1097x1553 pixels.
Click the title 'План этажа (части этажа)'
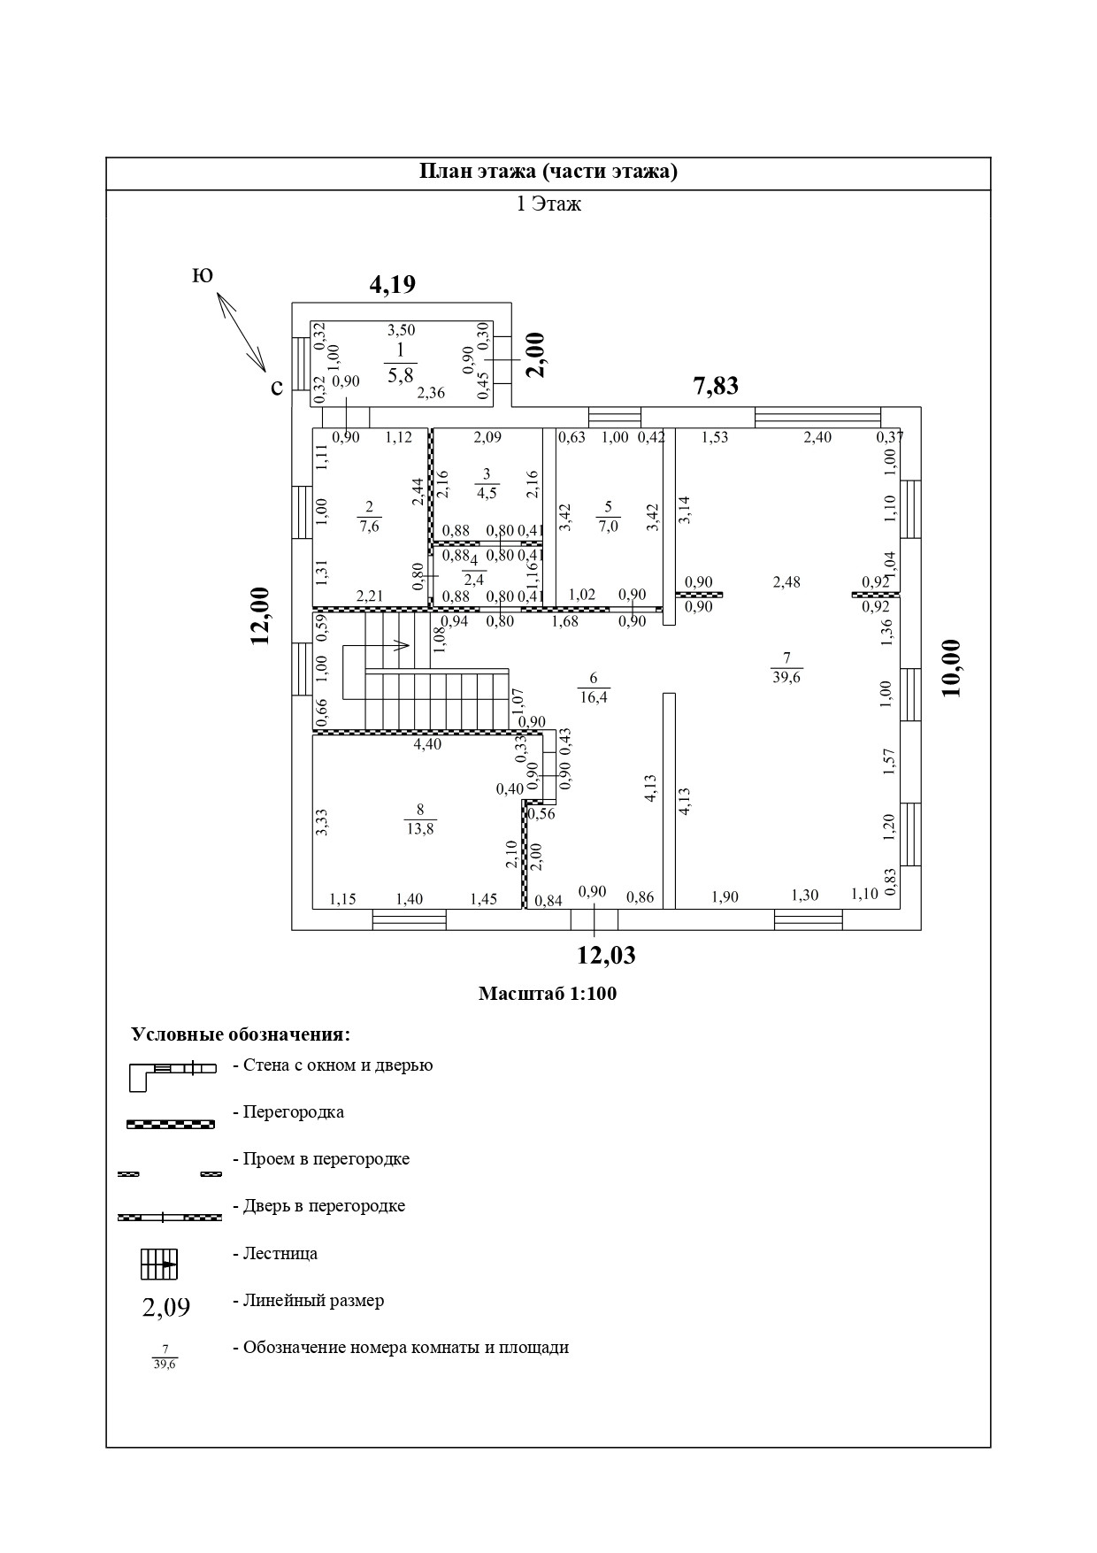point(548,172)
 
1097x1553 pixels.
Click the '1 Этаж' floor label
point(548,204)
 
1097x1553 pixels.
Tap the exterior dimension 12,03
point(606,956)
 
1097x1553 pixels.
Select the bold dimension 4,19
point(392,284)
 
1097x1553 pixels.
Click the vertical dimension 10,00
point(952,668)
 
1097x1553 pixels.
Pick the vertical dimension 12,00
point(260,616)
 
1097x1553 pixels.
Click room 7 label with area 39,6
point(786,668)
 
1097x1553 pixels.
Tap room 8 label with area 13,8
point(420,819)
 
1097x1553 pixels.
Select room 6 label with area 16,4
point(594,688)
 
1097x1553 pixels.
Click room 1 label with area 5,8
point(400,363)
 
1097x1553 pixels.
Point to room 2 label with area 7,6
point(370,516)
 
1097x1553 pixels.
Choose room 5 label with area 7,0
point(608,516)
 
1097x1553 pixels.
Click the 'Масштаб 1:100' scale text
point(548,994)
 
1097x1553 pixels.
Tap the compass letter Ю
point(202,276)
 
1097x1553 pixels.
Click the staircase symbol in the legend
point(159,1264)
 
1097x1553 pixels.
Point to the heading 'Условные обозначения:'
point(241,1034)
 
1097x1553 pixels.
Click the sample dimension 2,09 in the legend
point(166,1307)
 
